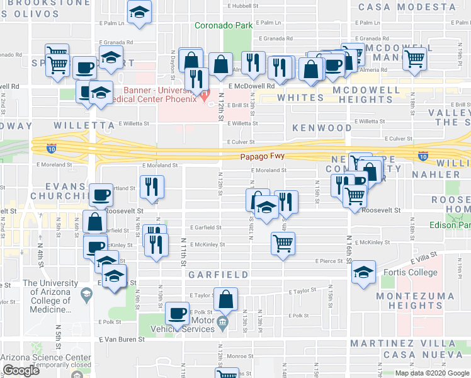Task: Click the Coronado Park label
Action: (x=224, y=26)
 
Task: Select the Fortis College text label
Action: (x=410, y=273)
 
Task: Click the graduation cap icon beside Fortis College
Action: (x=363, y=272)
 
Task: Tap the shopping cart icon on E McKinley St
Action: (x=283, y=242)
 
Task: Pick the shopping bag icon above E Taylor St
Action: (x=226, y=299)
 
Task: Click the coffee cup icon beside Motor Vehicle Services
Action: (x=178, y=314)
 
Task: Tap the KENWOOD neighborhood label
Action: (x=322, y=128)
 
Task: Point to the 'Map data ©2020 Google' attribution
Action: (x=431, y=373)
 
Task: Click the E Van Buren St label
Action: (x=122, y=339)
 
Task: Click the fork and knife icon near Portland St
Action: (x=151, y=186)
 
